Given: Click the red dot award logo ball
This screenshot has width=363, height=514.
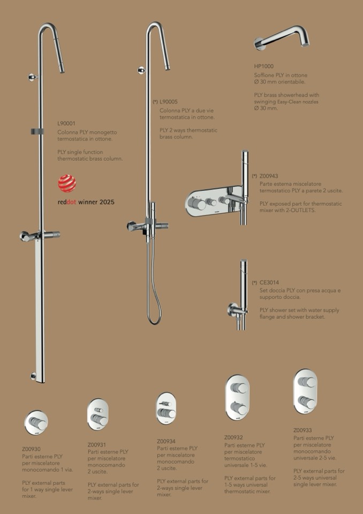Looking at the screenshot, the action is click(67, 183).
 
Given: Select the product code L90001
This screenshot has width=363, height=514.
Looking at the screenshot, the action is click(66, 124).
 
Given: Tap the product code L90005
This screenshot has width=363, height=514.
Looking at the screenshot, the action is click(169, 102).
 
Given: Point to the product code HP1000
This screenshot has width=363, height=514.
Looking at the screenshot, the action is click(264, 66).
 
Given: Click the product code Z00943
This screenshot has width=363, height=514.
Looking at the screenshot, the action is click(269, 176).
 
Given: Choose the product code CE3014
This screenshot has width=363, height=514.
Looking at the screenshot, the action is click(269, 282).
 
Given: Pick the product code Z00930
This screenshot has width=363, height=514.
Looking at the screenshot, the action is click(32, 449).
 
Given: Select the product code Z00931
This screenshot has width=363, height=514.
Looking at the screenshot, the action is click(97, 445).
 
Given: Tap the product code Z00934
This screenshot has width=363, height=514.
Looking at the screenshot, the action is click(167, 441).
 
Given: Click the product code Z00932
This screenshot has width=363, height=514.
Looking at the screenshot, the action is click(234, 437).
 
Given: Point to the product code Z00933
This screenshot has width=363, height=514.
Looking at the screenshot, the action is click(303, 430).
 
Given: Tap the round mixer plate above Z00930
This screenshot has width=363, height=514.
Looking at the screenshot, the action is click(36, 423).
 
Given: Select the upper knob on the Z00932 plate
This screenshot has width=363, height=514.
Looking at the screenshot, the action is click(239, 388).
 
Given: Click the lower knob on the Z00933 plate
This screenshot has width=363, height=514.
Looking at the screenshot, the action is click(307, 402).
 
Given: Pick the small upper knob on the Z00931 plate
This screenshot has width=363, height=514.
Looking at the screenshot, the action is click(99, 410).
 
